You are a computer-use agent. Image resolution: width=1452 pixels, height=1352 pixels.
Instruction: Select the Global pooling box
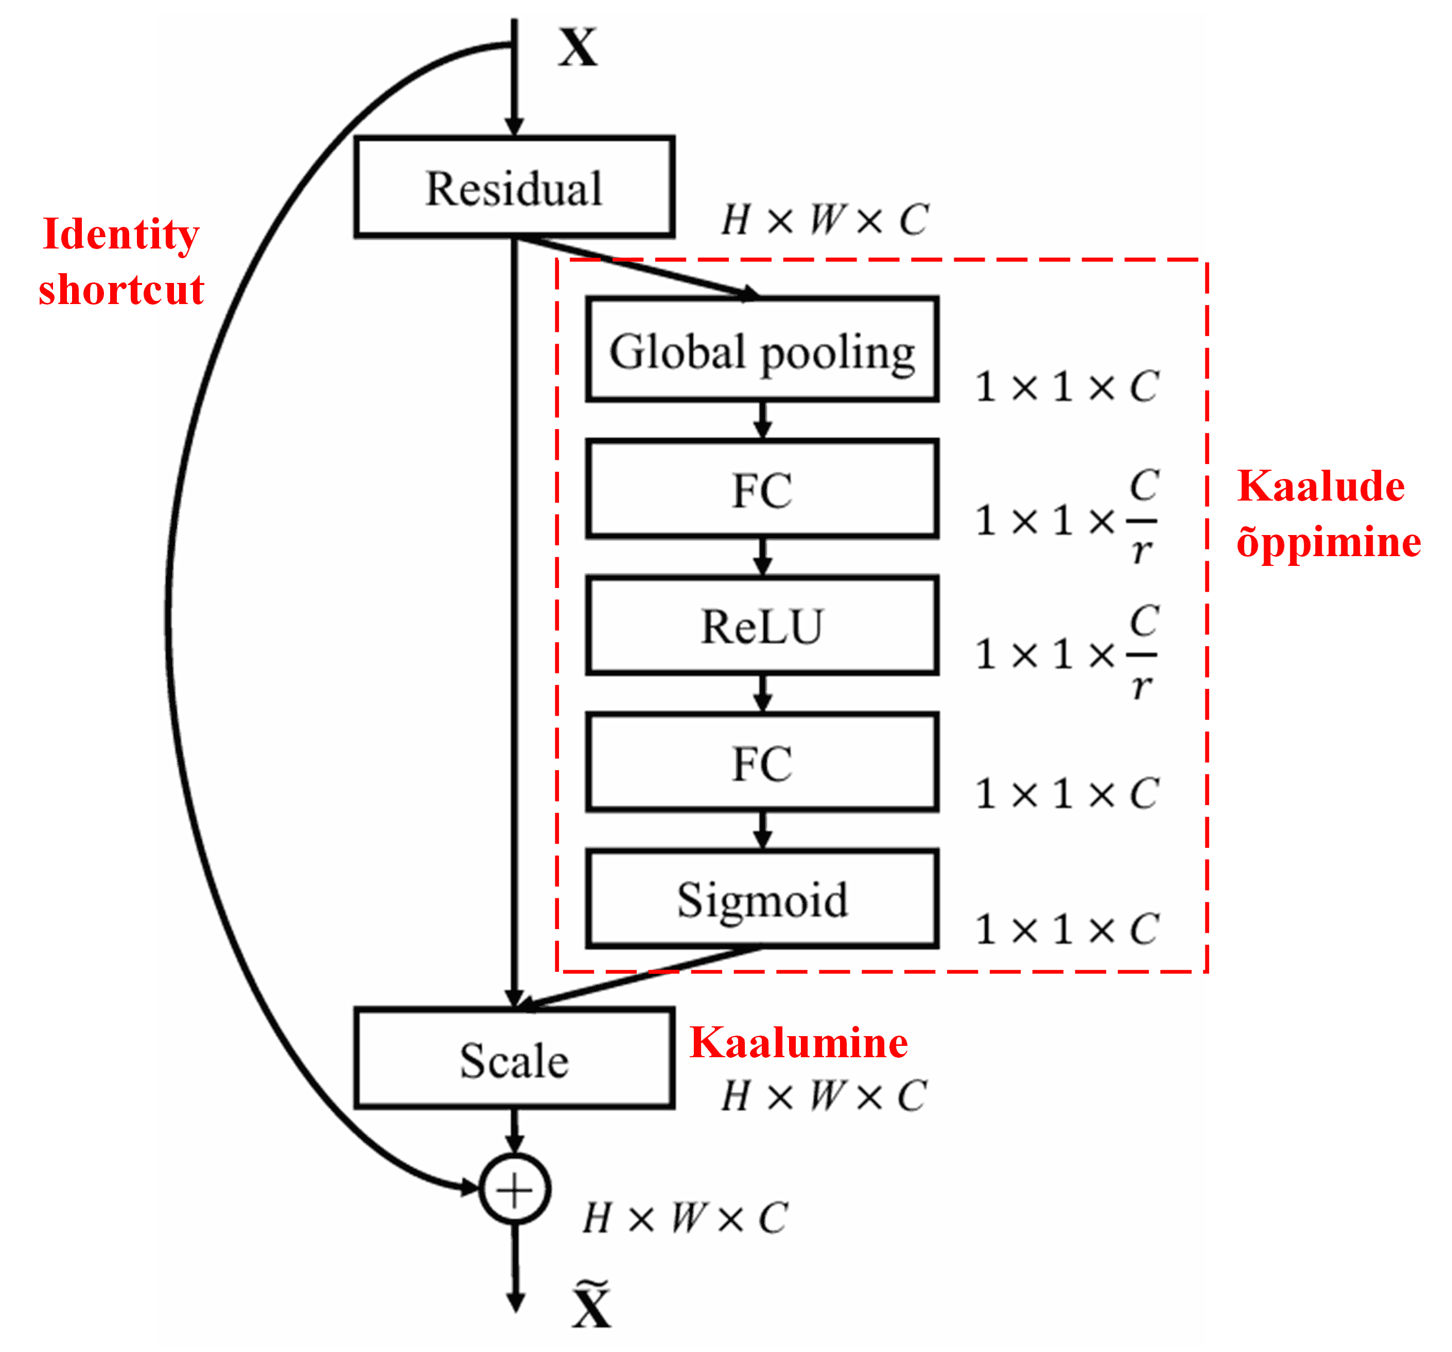click(762, 350)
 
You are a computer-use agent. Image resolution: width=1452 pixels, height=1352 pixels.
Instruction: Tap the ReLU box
click(762, 625)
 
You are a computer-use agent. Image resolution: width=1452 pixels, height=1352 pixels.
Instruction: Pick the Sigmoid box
click(762, 899)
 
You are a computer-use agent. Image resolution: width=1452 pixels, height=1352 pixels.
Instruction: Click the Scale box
click(514, 1059)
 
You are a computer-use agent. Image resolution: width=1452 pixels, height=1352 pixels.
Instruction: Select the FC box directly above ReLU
click(762, 489)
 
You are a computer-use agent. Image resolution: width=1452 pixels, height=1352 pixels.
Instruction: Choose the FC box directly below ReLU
click(762, 763)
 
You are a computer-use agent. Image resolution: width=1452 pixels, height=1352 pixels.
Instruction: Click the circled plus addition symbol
click(514, 1189)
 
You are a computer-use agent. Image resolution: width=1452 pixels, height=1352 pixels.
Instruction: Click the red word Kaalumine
click(798, 1042)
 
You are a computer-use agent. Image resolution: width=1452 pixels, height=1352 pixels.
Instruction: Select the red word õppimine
click(1328, 542)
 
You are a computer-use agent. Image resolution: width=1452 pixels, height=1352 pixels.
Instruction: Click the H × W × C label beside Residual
click(825, 220)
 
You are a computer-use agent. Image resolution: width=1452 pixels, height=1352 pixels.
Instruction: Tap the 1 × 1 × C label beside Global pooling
click(1067, 386)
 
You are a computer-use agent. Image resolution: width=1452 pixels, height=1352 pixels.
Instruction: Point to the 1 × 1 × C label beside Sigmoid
click(1067, 929)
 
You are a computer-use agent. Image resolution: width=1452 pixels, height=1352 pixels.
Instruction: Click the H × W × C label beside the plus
click(685, 1218)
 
